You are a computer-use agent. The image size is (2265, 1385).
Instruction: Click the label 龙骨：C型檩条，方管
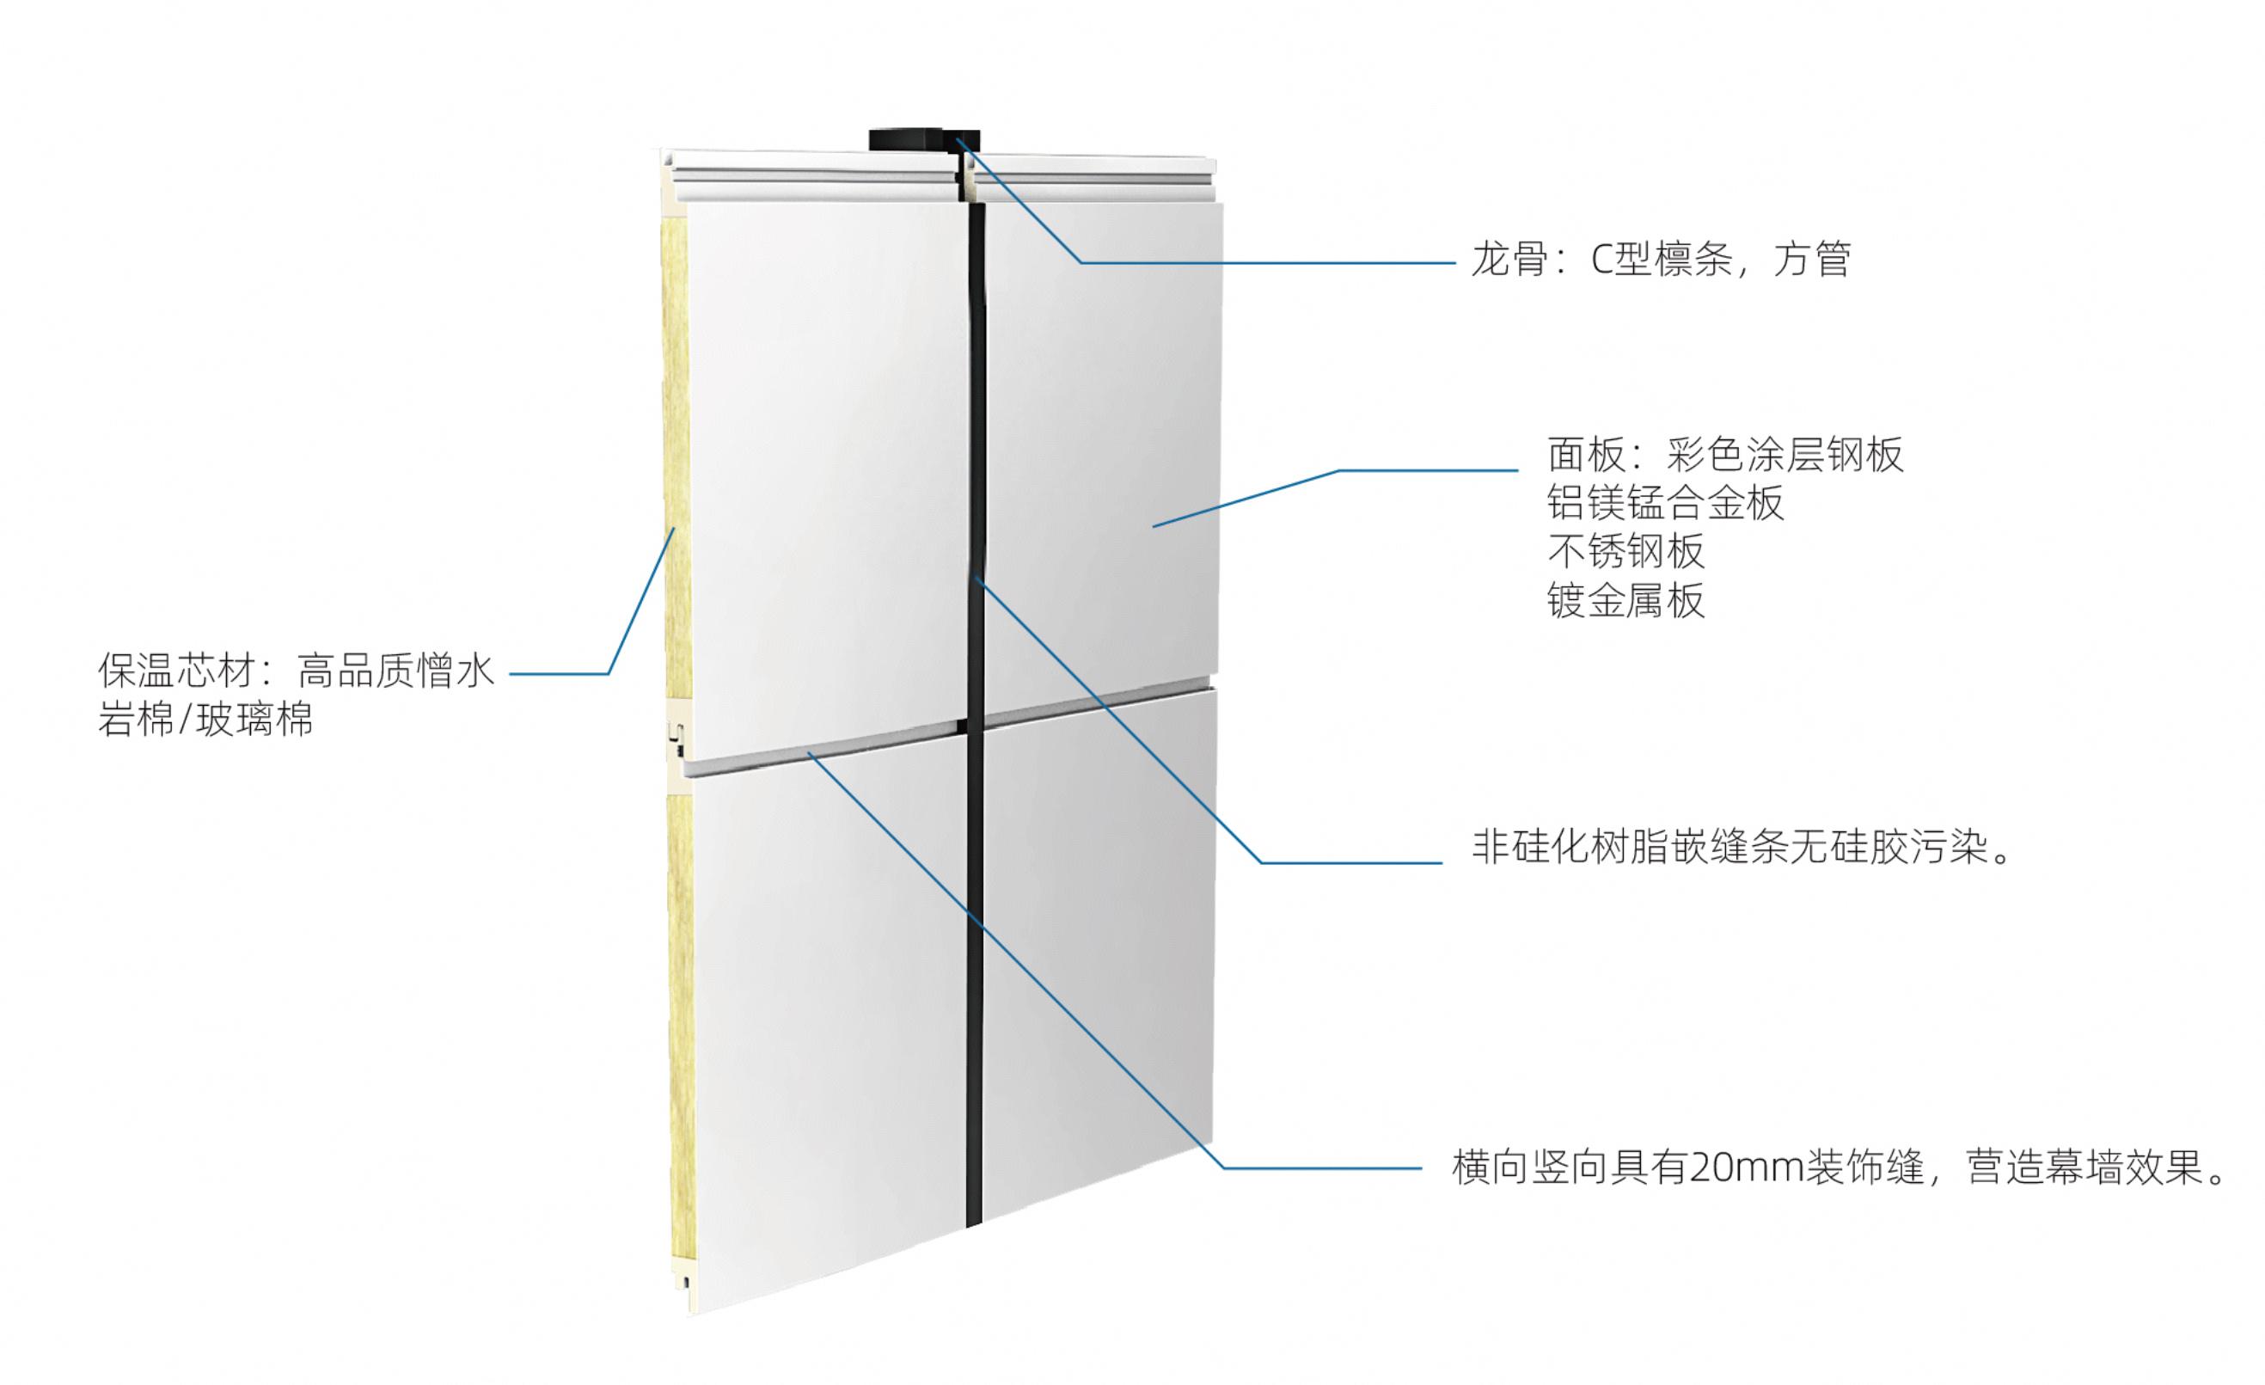click(x=1660, y=260)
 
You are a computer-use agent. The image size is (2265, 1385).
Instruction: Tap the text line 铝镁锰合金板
click(x=1666, y=503)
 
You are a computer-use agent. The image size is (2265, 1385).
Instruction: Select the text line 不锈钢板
click(x=1626, y=552)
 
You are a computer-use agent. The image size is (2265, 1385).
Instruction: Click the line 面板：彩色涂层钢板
click(x=1725, y=454)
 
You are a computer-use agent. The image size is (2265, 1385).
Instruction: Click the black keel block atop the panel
click(x=924, y=142)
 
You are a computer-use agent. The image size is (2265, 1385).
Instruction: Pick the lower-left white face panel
click(x=827, y=1030)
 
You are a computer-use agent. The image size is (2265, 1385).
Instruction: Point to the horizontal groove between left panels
click(x=827, y=749)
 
